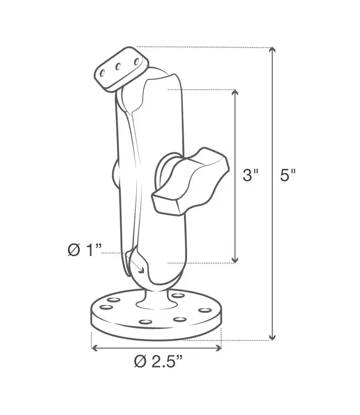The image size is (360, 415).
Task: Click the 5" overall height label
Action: coord(288,176)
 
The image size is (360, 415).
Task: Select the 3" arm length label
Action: coord(251,176)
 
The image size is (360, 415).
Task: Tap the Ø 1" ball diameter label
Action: coord(85,250)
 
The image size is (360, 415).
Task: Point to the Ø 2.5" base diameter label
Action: coord(158,362)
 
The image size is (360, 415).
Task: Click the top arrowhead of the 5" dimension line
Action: coord(272,51)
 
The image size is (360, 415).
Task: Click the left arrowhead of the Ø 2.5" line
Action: coord(95,348)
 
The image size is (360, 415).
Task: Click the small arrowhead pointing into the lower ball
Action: coord(142,270)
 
